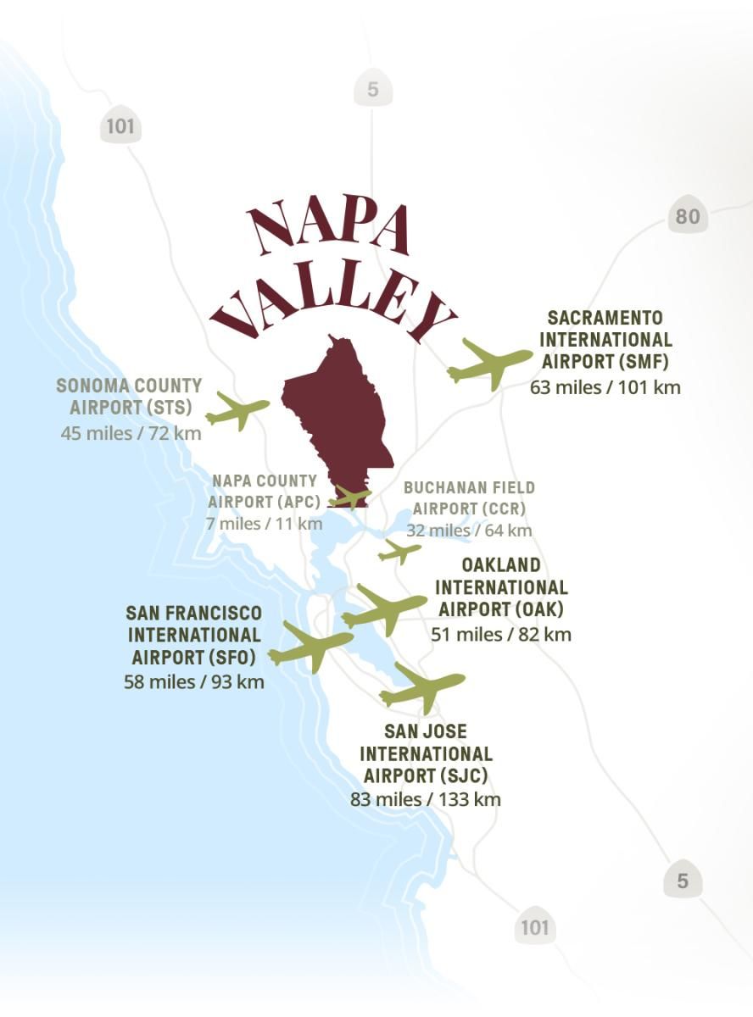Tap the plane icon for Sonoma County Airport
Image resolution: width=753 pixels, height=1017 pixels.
click(237, 411)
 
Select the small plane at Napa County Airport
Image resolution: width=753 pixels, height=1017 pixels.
click(349, 497)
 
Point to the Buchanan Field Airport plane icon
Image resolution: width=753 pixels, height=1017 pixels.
click(399, 552)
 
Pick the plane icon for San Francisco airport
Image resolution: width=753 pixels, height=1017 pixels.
click(310, 647)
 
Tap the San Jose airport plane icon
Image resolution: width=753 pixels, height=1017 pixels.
click(421, 686)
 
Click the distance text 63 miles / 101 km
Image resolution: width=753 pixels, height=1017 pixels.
click(605, 387)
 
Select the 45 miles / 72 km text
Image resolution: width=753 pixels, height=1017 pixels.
click(131, 432)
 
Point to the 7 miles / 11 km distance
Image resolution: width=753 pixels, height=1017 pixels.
click(264, 523)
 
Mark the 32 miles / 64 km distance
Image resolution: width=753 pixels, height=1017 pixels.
click(469, 531)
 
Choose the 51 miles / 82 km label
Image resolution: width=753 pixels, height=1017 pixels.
click(500, 633)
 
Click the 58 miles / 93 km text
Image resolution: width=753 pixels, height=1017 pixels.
click(193, 681)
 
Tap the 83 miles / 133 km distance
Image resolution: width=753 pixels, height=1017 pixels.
click(425, 798)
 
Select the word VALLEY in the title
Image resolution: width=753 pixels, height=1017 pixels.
click(332, 303)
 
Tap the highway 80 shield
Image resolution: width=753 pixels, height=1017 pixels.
click(687, 217)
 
